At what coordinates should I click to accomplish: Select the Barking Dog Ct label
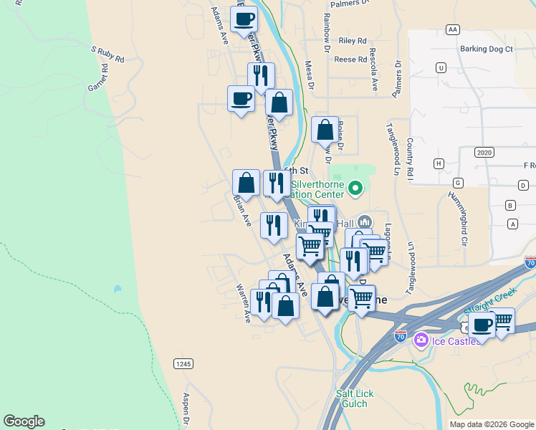pos(487,49)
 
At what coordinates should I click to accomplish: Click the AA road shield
pos(451,29)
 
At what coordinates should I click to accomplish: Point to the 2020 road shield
pos(484,153)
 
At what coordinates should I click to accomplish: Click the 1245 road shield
pos(183,364)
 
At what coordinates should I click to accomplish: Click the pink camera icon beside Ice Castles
pos(421,339)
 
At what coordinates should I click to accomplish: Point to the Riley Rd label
pos(353,41)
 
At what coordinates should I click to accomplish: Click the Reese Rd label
pos(350,59)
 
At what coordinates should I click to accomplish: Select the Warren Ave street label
pos(244,303)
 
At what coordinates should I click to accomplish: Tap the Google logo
pos(24,421)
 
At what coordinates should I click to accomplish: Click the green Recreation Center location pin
pos(356,188)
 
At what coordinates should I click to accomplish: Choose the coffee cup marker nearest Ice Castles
pos(482,324)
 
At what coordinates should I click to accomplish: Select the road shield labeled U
pos(441,67)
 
